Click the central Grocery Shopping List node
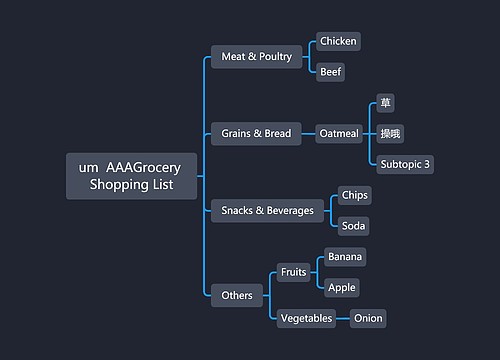tap(132, 176)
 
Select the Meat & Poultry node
tap(256, 57)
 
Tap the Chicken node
tap(338, 41)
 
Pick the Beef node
tap(331, 71)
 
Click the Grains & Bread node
tap(256, 133)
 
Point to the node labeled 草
tap(385, 103)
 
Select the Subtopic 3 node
tap(405, 164)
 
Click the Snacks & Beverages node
tap(267, 210)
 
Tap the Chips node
tap(355, 195)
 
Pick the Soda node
tap(353, 225)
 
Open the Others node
tap(237, 295)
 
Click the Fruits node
tap(294, 272)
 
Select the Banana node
tap(346, 257)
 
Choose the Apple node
tap(341, 287)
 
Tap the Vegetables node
tap(306, 318)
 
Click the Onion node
tap(367, 318)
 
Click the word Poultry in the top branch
tap(275, 57)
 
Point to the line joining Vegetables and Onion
tap(342, 318)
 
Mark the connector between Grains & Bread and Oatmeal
tap(309, 134)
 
